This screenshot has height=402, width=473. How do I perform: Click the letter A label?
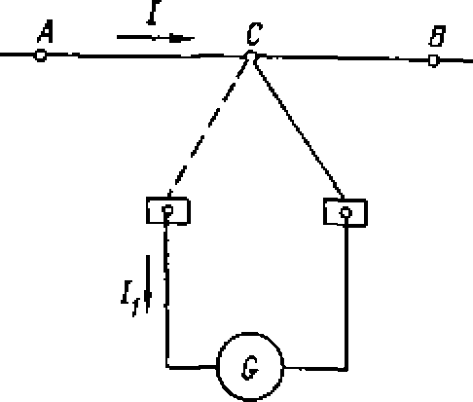coord(46,31)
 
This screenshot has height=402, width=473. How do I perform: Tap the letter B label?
coord(437,36)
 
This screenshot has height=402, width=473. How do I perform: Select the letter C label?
coord(253,34)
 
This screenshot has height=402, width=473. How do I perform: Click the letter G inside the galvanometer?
coord(250,368)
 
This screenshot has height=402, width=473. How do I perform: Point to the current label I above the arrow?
coord(153,13)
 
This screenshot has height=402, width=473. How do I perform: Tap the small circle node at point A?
coord(41,55)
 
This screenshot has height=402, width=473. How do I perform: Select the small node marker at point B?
coord(433,60)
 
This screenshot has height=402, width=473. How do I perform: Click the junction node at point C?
coord(251,56)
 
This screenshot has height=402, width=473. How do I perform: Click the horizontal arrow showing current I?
coord(156,38)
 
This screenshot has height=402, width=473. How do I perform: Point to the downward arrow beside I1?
coord(148,284)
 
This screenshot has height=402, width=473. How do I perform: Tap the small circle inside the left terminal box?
coord(167,210)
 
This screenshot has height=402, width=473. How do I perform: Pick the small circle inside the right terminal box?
coord(346,212)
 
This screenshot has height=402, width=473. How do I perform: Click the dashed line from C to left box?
coord(208,128)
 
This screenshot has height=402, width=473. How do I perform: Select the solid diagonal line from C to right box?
coord(299,128)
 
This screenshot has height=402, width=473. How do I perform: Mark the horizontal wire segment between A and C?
coord(146,56)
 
